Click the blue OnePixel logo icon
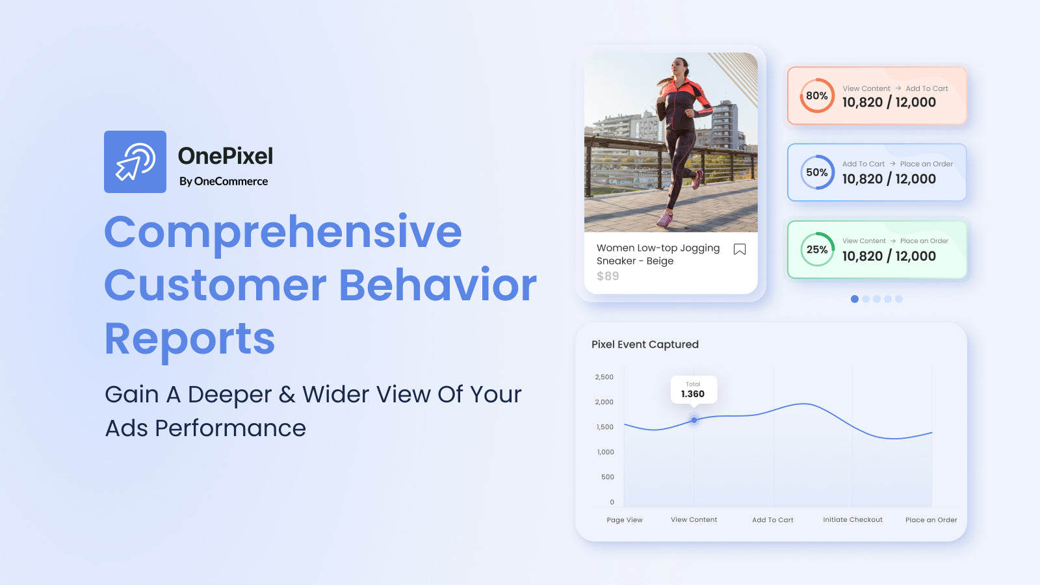pyautogui.click(x=135, y=162)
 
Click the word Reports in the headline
pyautogui.click(x=190, y=339)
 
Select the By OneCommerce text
pyautogui.click(x=224, y=181)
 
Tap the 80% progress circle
pyautogui.click(x=817, y=96)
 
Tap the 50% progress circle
pyautogui.click(x=817, y=172)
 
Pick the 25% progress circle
pyautogui.click(x=817, y=250)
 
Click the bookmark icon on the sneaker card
pyautogui.click(x=740, y=250)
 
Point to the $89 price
pyautogui.click(x=608, y=276)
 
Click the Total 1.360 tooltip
pyautogui.click(x=694, y=389)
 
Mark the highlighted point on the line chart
pyautogui.click(x=694, y=420)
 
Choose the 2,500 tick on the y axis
pyautogui.click(x=604, y=377)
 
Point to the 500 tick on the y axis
pyautogui.click(x=608, y=477)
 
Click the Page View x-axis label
pyautogui.click(x=625, y=520)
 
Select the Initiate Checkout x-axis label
pyautogui.click(x=853, y=520)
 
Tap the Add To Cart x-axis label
pyautogui.click(x=773, y=520)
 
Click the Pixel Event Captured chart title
pyautogui.click(x=645, y=344)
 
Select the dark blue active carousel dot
pyautogui.click(x=855, y=299)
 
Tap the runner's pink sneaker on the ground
pyautogui.click(x=664, y=219)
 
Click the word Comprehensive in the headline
pyautogui.click(x=283, y=232)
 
